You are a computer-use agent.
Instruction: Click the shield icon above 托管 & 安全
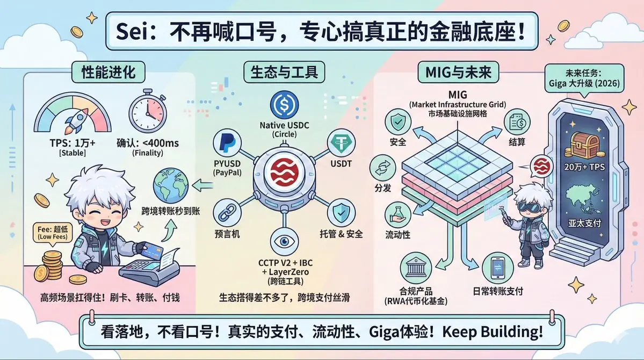click(x=341, y=212)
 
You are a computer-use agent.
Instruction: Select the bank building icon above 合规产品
click(x=416, y=267)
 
